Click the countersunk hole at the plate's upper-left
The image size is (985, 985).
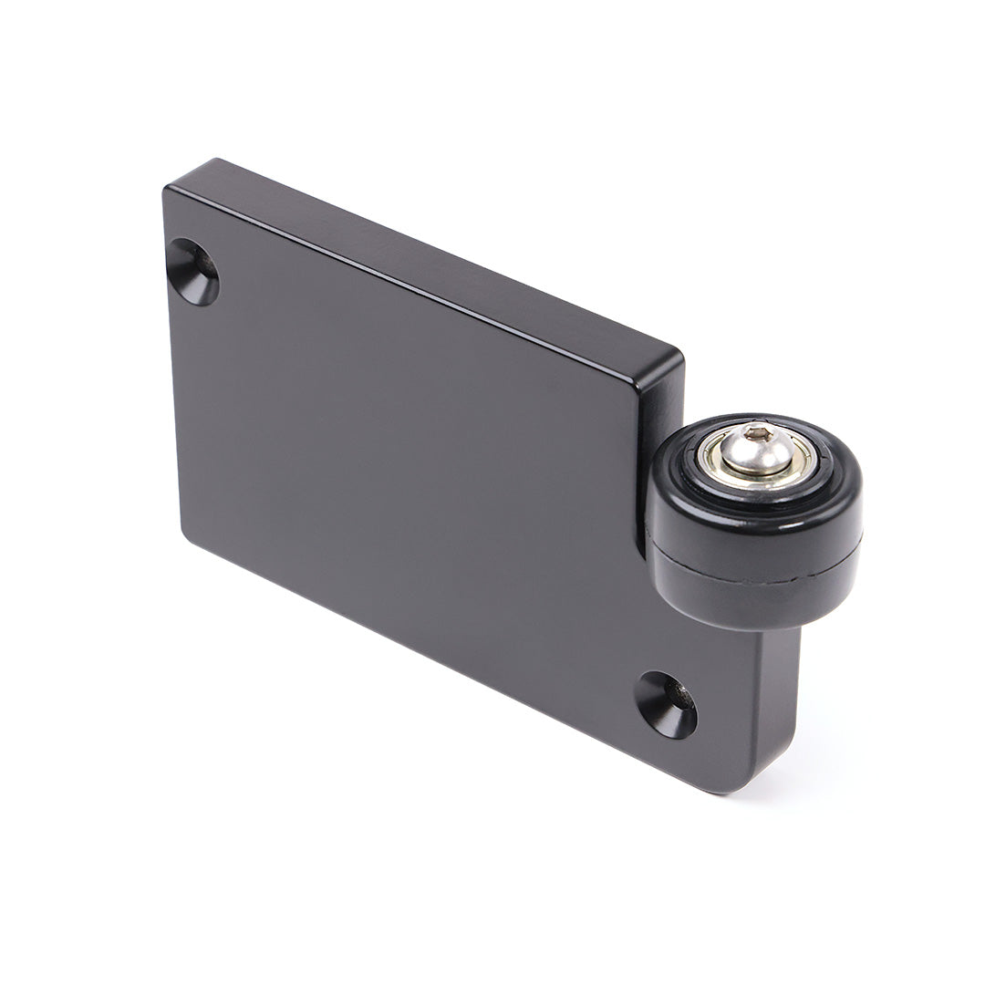pyautogui.click(x=192, y=272)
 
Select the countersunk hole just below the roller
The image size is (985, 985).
pyautogui.click(x=666, y=705)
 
